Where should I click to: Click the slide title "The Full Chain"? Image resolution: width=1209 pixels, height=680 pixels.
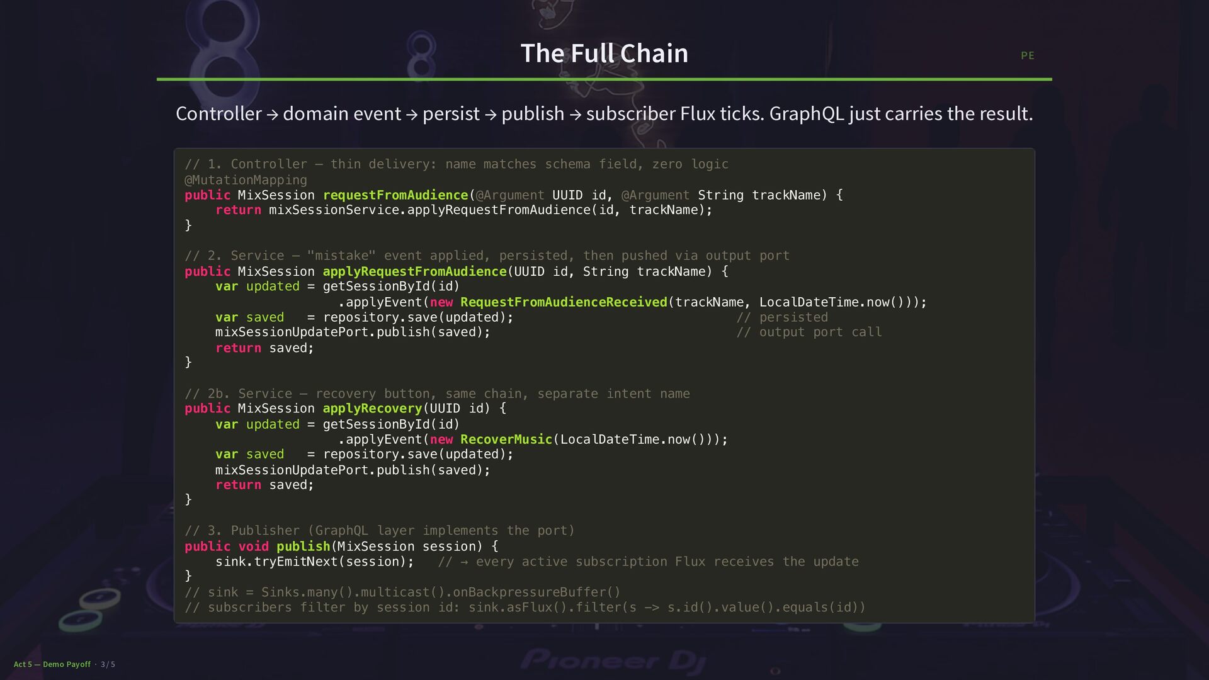point(604,54)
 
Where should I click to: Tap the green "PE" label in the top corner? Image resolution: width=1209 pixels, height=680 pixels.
point(1027,56)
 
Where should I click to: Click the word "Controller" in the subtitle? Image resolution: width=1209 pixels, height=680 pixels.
point(219,114)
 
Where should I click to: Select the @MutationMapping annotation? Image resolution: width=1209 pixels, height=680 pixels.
point(246,180)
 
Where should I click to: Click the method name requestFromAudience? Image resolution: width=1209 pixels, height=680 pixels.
point(395,195)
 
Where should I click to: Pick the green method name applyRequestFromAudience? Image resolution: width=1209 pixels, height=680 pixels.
point(414,271)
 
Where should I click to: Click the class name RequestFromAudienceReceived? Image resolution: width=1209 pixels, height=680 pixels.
point(564,302)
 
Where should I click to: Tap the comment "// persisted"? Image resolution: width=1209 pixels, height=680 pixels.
point(782,317)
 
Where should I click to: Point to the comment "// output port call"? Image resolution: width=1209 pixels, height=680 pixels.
point(809,332)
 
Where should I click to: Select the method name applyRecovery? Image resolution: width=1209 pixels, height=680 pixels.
point(372,409)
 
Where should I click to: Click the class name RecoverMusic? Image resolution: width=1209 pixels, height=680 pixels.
point(506,439)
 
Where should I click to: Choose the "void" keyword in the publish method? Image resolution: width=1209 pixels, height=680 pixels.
point(253,547)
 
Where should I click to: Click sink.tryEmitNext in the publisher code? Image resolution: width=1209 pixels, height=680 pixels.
point(276,562)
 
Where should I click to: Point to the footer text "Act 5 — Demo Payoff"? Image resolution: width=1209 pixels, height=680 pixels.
point(52,664)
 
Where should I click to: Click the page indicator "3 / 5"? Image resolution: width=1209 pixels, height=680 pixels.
point(108,664)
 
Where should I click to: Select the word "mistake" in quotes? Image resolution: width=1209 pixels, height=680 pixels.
point(341,256)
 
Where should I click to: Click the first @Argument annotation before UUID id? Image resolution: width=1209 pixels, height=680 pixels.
point(509,195)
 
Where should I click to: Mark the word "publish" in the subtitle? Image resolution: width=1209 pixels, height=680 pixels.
point(533,114)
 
